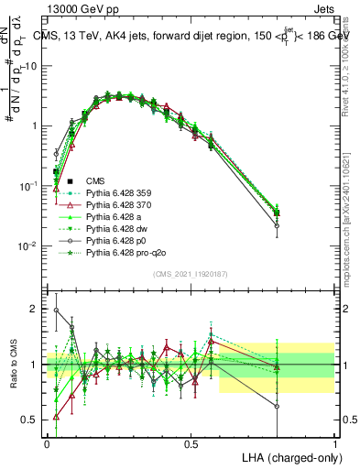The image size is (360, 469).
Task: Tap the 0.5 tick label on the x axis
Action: click(191, 442)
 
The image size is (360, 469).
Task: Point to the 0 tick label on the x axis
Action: click(47, 442)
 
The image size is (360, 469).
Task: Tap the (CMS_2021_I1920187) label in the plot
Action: click(191, 273)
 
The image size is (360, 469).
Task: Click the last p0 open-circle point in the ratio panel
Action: click(278, 407)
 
